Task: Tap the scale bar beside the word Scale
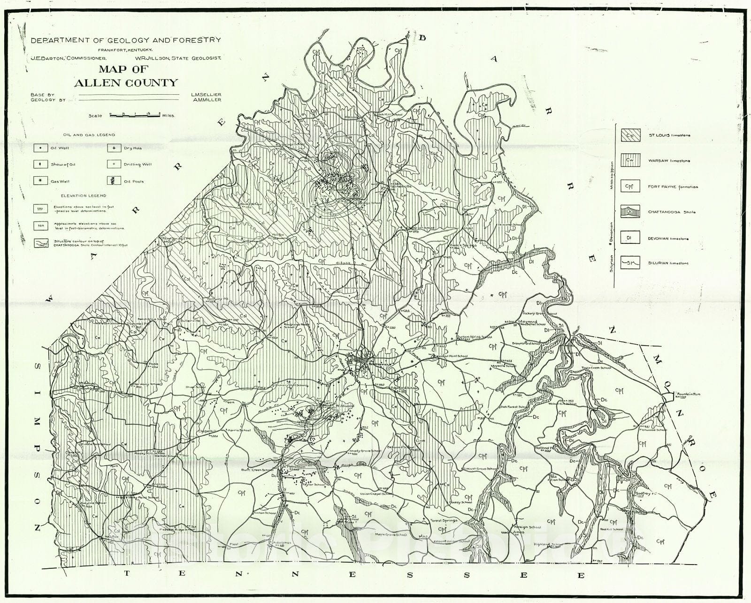tap(135, 114)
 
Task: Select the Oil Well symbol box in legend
tap(40, 148)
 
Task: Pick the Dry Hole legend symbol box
tap(114, 148)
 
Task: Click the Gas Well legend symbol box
tap(40, 181)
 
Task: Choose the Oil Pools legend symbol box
tap(114, 181)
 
